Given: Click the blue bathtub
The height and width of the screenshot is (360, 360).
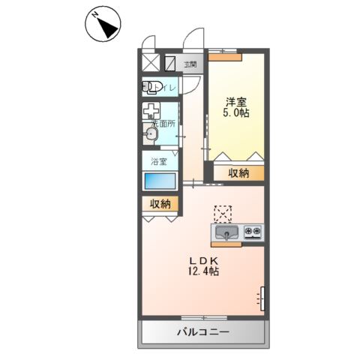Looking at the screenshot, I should [x=159, y=182].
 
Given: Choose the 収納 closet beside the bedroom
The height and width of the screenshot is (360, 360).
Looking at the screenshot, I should [x=238, y=173].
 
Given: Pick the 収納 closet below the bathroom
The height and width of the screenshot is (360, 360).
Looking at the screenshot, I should [x=159, y=203].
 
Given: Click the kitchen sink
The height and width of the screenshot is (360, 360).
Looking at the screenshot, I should [x=229, y=232].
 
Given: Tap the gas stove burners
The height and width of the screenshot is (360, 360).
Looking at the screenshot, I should [x=253, y=232].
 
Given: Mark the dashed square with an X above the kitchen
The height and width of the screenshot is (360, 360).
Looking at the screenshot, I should [x=223, y=214].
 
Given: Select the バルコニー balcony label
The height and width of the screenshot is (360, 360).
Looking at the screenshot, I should [x=202, y=332].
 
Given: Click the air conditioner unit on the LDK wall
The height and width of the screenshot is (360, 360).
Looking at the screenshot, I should [x=262, y=298].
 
